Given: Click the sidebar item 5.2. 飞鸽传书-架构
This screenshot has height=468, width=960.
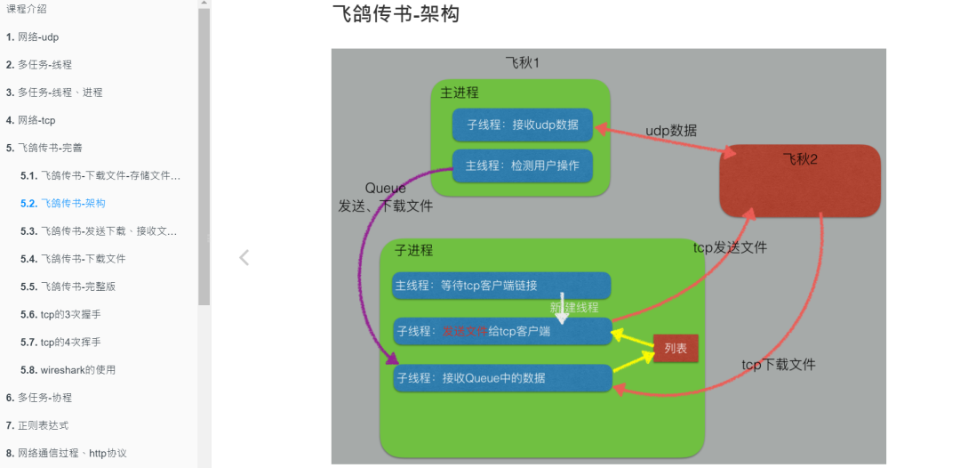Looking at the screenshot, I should (73, 203).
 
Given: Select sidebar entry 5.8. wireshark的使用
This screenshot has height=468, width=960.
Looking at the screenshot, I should (78, 369).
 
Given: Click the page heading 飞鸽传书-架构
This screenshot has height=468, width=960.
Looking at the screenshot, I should (396, 14).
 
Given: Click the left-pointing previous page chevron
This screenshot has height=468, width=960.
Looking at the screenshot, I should (244, 258).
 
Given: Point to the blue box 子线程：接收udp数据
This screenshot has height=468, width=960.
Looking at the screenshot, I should (522, 125).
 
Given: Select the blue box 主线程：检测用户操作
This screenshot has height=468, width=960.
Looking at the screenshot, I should (522, 165).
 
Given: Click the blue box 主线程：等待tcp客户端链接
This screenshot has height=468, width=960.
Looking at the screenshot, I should (501, 286).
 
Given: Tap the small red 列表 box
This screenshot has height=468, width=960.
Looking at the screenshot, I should (676, 348).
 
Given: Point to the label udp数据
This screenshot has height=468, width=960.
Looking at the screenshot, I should (671, 131).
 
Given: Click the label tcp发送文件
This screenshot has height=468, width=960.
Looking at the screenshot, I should (730, 248).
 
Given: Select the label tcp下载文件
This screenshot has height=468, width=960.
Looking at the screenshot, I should (779, 365).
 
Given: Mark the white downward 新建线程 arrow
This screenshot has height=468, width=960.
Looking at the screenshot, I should (562, 307).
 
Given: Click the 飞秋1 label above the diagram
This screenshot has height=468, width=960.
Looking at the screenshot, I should (523, 63).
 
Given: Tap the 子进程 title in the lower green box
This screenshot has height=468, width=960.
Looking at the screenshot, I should (413, 251).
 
